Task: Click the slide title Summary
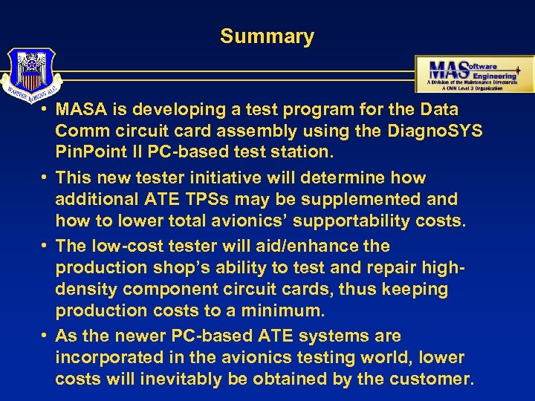click(x=267, y=36)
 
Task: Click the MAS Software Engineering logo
click(x=474, y=74)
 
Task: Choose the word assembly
click(x=291, y=131)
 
